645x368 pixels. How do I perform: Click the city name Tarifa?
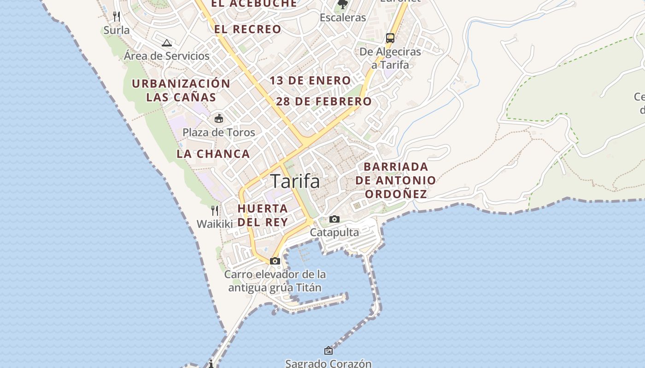point(295,181)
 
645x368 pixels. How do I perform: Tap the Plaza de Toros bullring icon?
point(219,119)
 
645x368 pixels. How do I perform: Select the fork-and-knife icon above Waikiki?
point(215,211)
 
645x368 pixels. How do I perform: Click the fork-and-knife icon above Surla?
point(117,17)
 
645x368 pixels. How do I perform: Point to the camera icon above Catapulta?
point(334,219)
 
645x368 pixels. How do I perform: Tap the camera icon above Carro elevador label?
point(275,261)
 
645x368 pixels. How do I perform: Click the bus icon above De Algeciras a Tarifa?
point(390,38)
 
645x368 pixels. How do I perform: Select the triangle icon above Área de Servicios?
point(167,43)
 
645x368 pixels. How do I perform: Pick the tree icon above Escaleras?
point(342,5)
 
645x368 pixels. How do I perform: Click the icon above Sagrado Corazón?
point(328,351)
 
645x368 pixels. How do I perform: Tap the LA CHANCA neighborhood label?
point(213,154)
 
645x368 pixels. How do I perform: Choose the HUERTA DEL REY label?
point(263,215)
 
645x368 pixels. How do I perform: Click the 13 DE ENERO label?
point(311,80)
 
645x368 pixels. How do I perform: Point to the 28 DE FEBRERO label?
point(324,102)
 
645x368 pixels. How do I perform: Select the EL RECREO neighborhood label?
point(247,29)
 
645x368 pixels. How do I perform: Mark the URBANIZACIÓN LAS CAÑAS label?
point(181,91)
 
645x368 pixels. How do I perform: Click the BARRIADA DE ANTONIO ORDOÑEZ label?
point(395,180)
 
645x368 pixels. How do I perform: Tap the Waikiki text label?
point(215,224)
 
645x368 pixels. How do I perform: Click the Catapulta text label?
point(334,232)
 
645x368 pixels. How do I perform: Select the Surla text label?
point(117,30)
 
